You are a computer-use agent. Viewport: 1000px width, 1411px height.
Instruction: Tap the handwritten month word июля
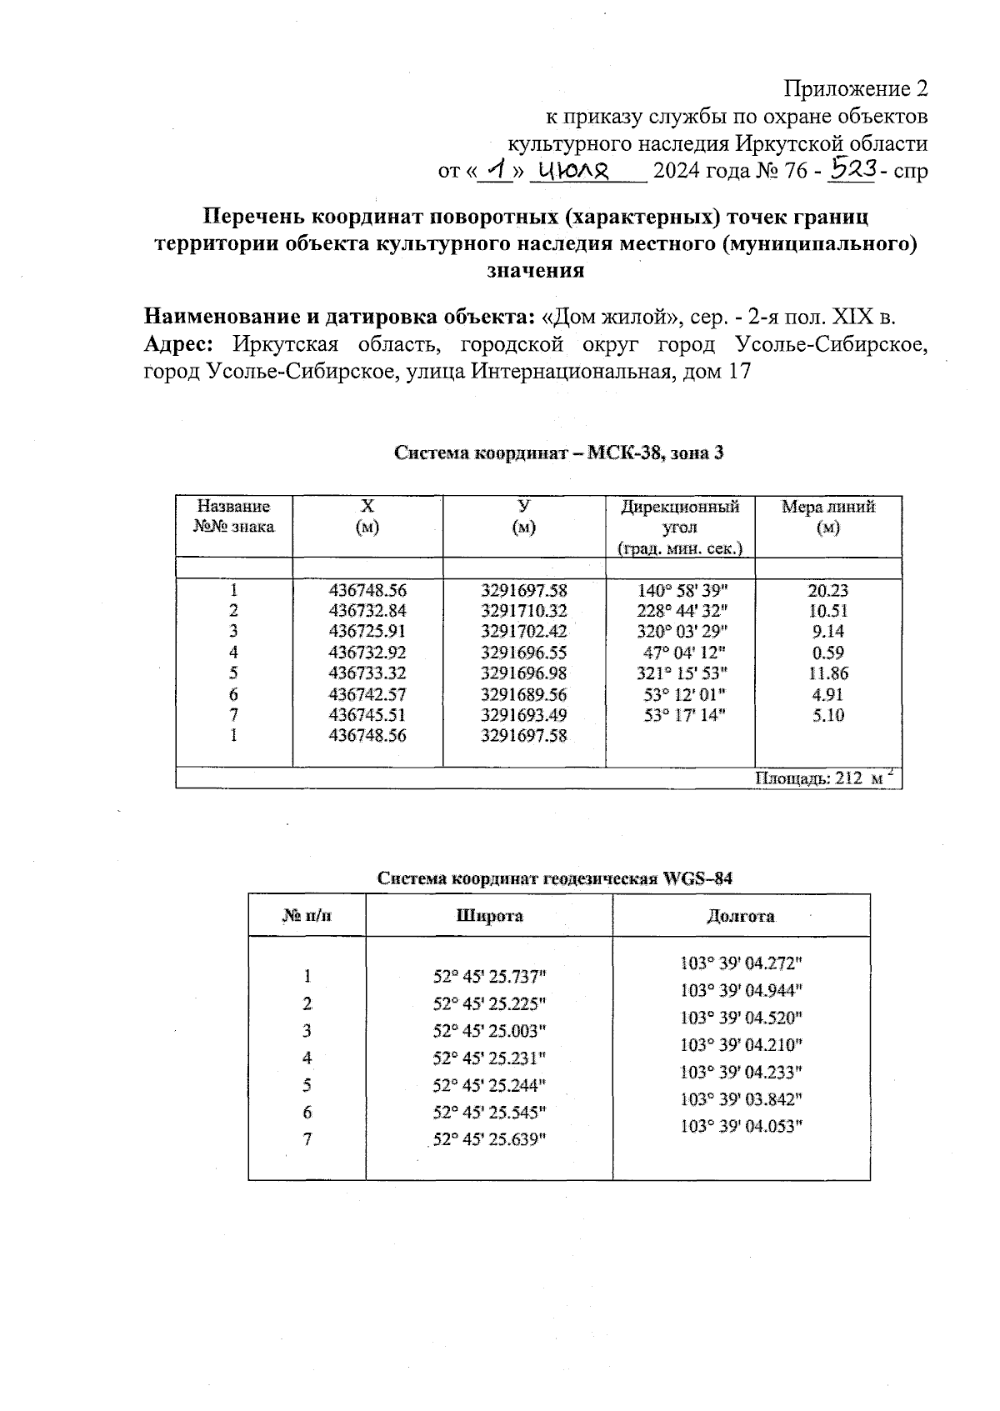576,171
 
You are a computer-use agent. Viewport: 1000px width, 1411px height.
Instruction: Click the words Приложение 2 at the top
856,88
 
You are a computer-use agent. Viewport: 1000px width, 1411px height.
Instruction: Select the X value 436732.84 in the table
367,611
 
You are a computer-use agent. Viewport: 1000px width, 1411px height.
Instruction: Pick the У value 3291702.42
523,632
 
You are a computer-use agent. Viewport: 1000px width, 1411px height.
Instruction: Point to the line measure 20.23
827,590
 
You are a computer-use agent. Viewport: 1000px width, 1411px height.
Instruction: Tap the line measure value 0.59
827,653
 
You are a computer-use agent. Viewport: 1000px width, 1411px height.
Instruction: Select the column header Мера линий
827,508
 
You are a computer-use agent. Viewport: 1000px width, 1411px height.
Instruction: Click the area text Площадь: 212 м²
824,778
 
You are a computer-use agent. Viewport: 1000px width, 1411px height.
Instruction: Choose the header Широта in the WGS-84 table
489,916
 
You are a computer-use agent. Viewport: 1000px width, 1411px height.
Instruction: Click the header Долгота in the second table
740,916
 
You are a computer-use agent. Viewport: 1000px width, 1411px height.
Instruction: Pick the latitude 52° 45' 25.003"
489,1031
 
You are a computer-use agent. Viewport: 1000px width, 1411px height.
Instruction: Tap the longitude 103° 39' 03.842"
741,1099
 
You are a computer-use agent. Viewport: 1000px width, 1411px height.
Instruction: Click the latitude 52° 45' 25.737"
489,976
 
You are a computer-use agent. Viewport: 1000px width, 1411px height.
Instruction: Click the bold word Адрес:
179,344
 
